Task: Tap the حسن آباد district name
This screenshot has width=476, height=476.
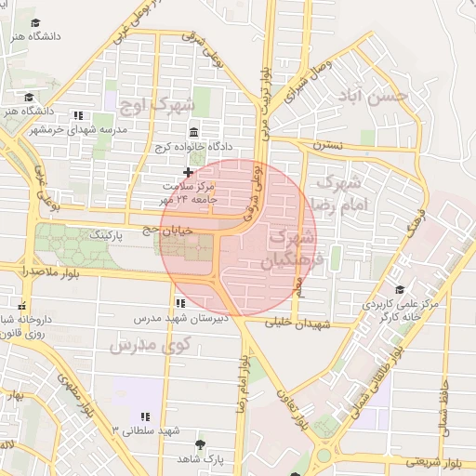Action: (375, 96)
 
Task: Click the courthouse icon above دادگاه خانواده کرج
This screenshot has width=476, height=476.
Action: (192, 131)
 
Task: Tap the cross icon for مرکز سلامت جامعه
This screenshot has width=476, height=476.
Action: (188, 172)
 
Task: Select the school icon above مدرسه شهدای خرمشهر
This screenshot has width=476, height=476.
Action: (77, 116)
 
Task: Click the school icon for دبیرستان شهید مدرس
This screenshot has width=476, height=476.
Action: (178, 303)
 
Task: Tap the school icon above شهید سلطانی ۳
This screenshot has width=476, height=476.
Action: (143, 415)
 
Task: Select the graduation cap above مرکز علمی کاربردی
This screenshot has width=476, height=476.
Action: (400, 289)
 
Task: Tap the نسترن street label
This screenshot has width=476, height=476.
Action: (327, 145)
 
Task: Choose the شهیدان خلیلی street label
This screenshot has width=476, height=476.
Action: (297, 324)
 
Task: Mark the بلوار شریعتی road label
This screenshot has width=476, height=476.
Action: (433, 461)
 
